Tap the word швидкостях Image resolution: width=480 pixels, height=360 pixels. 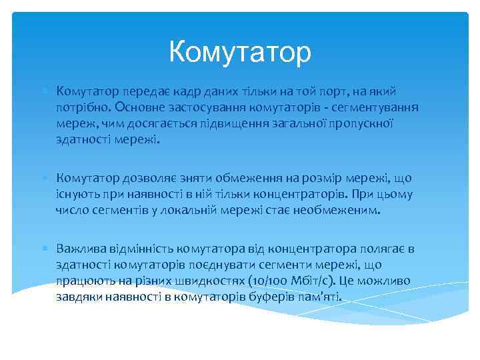pyautogui.click(x=214, y=281)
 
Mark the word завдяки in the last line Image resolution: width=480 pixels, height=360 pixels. pyautogui.click(x=77, y=297)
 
